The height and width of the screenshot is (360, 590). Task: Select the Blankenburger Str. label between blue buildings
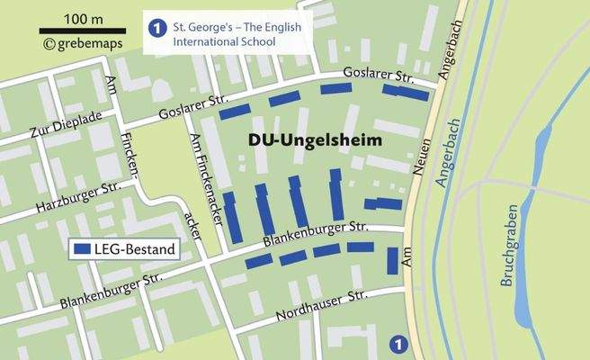[315, 233]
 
